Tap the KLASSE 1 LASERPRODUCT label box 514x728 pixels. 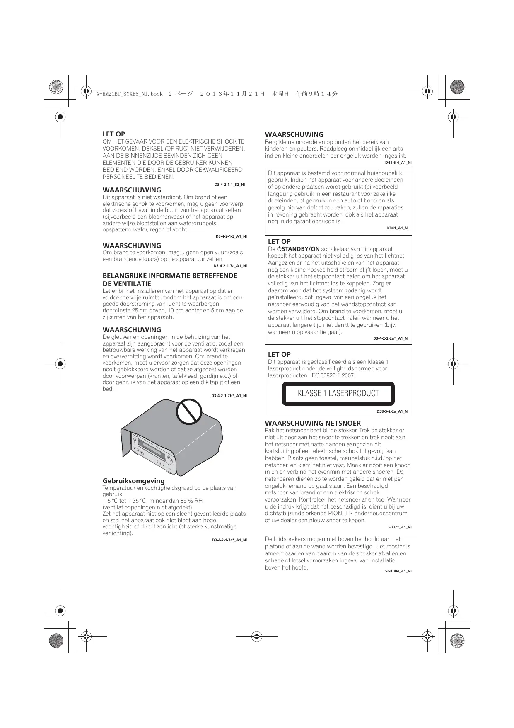pyautogui.click(x=338, y=393)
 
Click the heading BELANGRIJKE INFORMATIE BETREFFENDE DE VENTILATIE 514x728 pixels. pyautogui.click(x=170, y=280)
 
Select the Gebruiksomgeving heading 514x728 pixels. pyautogui.click(x=133, y=481)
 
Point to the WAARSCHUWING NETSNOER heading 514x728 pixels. pyautogui.click(x=313, y=423)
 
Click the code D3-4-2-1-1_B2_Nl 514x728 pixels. pyautogui.click(x=229, y=184)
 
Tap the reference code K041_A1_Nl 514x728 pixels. pyautogui.click(x=398, y=228)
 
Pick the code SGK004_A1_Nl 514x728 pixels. pyautogui.click(x=398, y=571)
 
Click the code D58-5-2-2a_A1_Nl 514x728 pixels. pyautogui.click(x=392, y=411)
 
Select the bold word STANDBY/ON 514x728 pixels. pyautogui.click(x=300, y=249)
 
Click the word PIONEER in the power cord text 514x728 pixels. pyautogui.click(x=341, y=514)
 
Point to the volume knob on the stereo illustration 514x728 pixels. pyautogui.click(x=169, y=461)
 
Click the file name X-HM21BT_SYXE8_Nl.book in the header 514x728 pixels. pyautogui.click(x=129, y=94)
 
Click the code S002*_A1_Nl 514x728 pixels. pyautogui.click(x=400, y=527)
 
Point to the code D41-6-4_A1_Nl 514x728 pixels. pyautogui.click(x=398, y=163)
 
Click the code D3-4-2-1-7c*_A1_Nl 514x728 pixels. pyautogui.click(x=229, y=540)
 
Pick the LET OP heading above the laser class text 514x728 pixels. pyautogui.click(x=279, y=354)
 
